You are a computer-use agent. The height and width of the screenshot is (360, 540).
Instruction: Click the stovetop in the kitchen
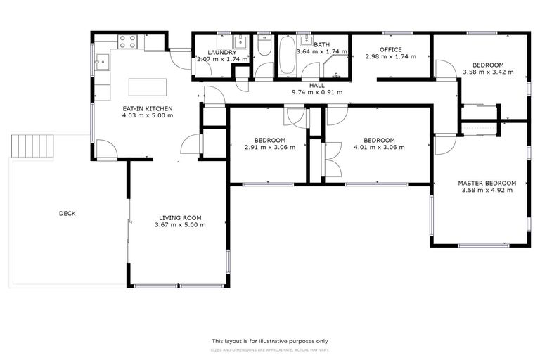(x=127, y=41)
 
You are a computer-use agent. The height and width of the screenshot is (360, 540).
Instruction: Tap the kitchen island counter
(x=148, y=87)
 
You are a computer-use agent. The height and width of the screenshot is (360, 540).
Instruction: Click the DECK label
(x=67, y=214)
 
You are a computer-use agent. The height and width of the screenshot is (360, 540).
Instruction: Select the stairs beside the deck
(x=32, y=146)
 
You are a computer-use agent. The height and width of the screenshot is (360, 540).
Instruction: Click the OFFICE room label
(x=390, y=49)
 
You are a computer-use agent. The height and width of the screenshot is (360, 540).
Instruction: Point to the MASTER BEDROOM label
(x=487, y=182)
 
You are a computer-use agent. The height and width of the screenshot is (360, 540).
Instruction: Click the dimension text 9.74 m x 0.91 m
(x=316, y=92)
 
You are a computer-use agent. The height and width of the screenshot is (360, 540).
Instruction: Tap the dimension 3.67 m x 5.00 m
(x=180, y=225)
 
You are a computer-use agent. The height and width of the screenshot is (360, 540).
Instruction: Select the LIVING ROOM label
(x=180, y=217)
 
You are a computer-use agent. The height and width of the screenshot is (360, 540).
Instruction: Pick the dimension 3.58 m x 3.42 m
(x=487, y=72)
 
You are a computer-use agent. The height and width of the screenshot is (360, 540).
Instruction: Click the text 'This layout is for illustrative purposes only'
(x=270, y=340)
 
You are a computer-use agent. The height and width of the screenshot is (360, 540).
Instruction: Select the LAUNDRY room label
(x=221, y=52)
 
